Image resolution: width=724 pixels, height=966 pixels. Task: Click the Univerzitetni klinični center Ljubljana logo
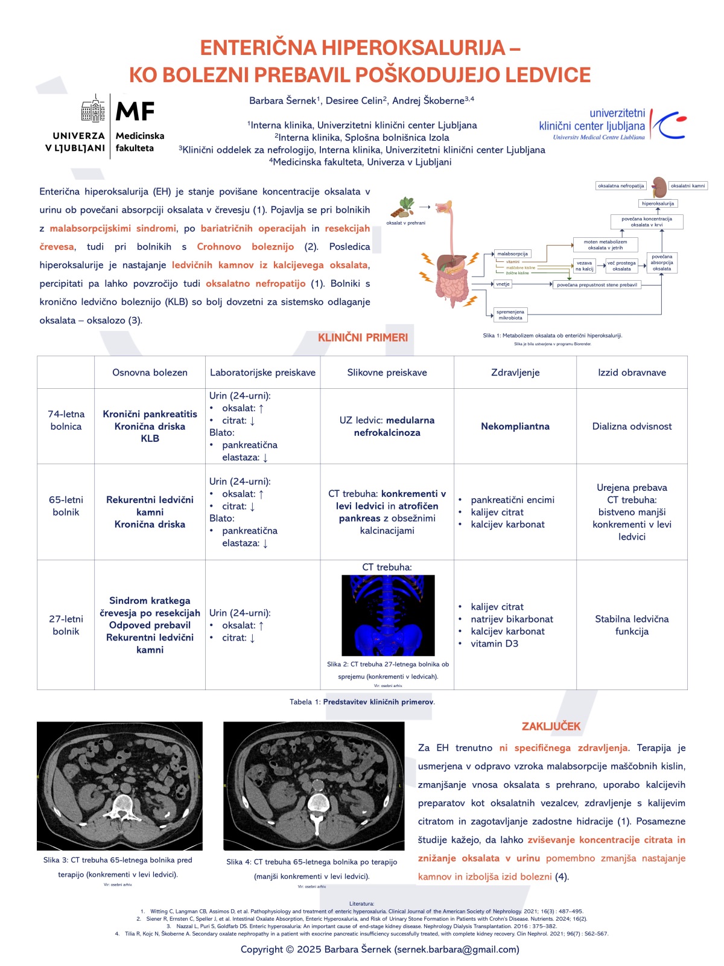612,125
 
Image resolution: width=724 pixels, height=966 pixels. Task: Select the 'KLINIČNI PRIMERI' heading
363,337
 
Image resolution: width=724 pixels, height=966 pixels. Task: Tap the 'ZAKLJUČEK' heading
551,726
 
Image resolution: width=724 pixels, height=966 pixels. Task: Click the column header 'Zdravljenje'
515,373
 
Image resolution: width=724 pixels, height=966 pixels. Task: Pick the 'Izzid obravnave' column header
632,373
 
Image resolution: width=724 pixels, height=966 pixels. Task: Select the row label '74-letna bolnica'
66,420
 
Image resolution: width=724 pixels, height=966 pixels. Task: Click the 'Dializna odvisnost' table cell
632,426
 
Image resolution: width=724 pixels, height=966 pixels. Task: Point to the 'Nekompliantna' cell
515,426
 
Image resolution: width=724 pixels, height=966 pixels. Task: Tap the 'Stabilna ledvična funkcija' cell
632,625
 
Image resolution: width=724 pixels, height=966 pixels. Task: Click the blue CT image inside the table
388,615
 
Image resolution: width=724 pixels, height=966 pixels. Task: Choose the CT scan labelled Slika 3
119,785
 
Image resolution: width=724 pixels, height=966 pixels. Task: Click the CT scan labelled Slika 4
314,785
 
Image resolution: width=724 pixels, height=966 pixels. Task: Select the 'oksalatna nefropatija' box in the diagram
621,186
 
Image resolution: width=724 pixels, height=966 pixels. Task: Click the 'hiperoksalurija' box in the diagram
658,203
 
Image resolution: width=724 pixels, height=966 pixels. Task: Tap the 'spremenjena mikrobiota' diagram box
510,315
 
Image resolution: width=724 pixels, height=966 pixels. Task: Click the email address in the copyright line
457,949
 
